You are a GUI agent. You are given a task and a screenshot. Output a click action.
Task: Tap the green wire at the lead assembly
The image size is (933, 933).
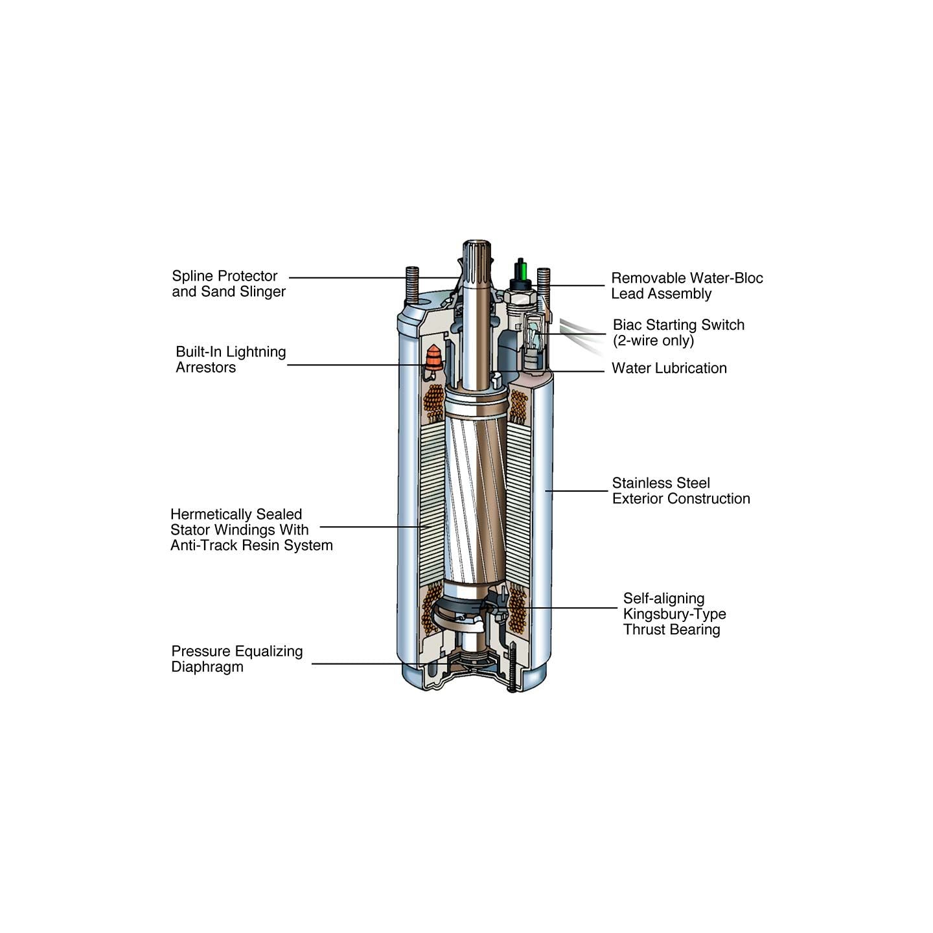[x=521, y=269]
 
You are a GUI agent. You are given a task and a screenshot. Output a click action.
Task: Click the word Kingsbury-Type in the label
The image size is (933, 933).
[x=674, y=614]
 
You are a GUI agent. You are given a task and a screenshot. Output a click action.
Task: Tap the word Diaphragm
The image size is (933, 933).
[x=207, y=667]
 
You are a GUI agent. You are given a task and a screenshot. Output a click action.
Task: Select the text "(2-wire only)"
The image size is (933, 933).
[x=653, y=340]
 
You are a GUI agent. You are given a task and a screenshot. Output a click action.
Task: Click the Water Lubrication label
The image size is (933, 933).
[x=669, y=368]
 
